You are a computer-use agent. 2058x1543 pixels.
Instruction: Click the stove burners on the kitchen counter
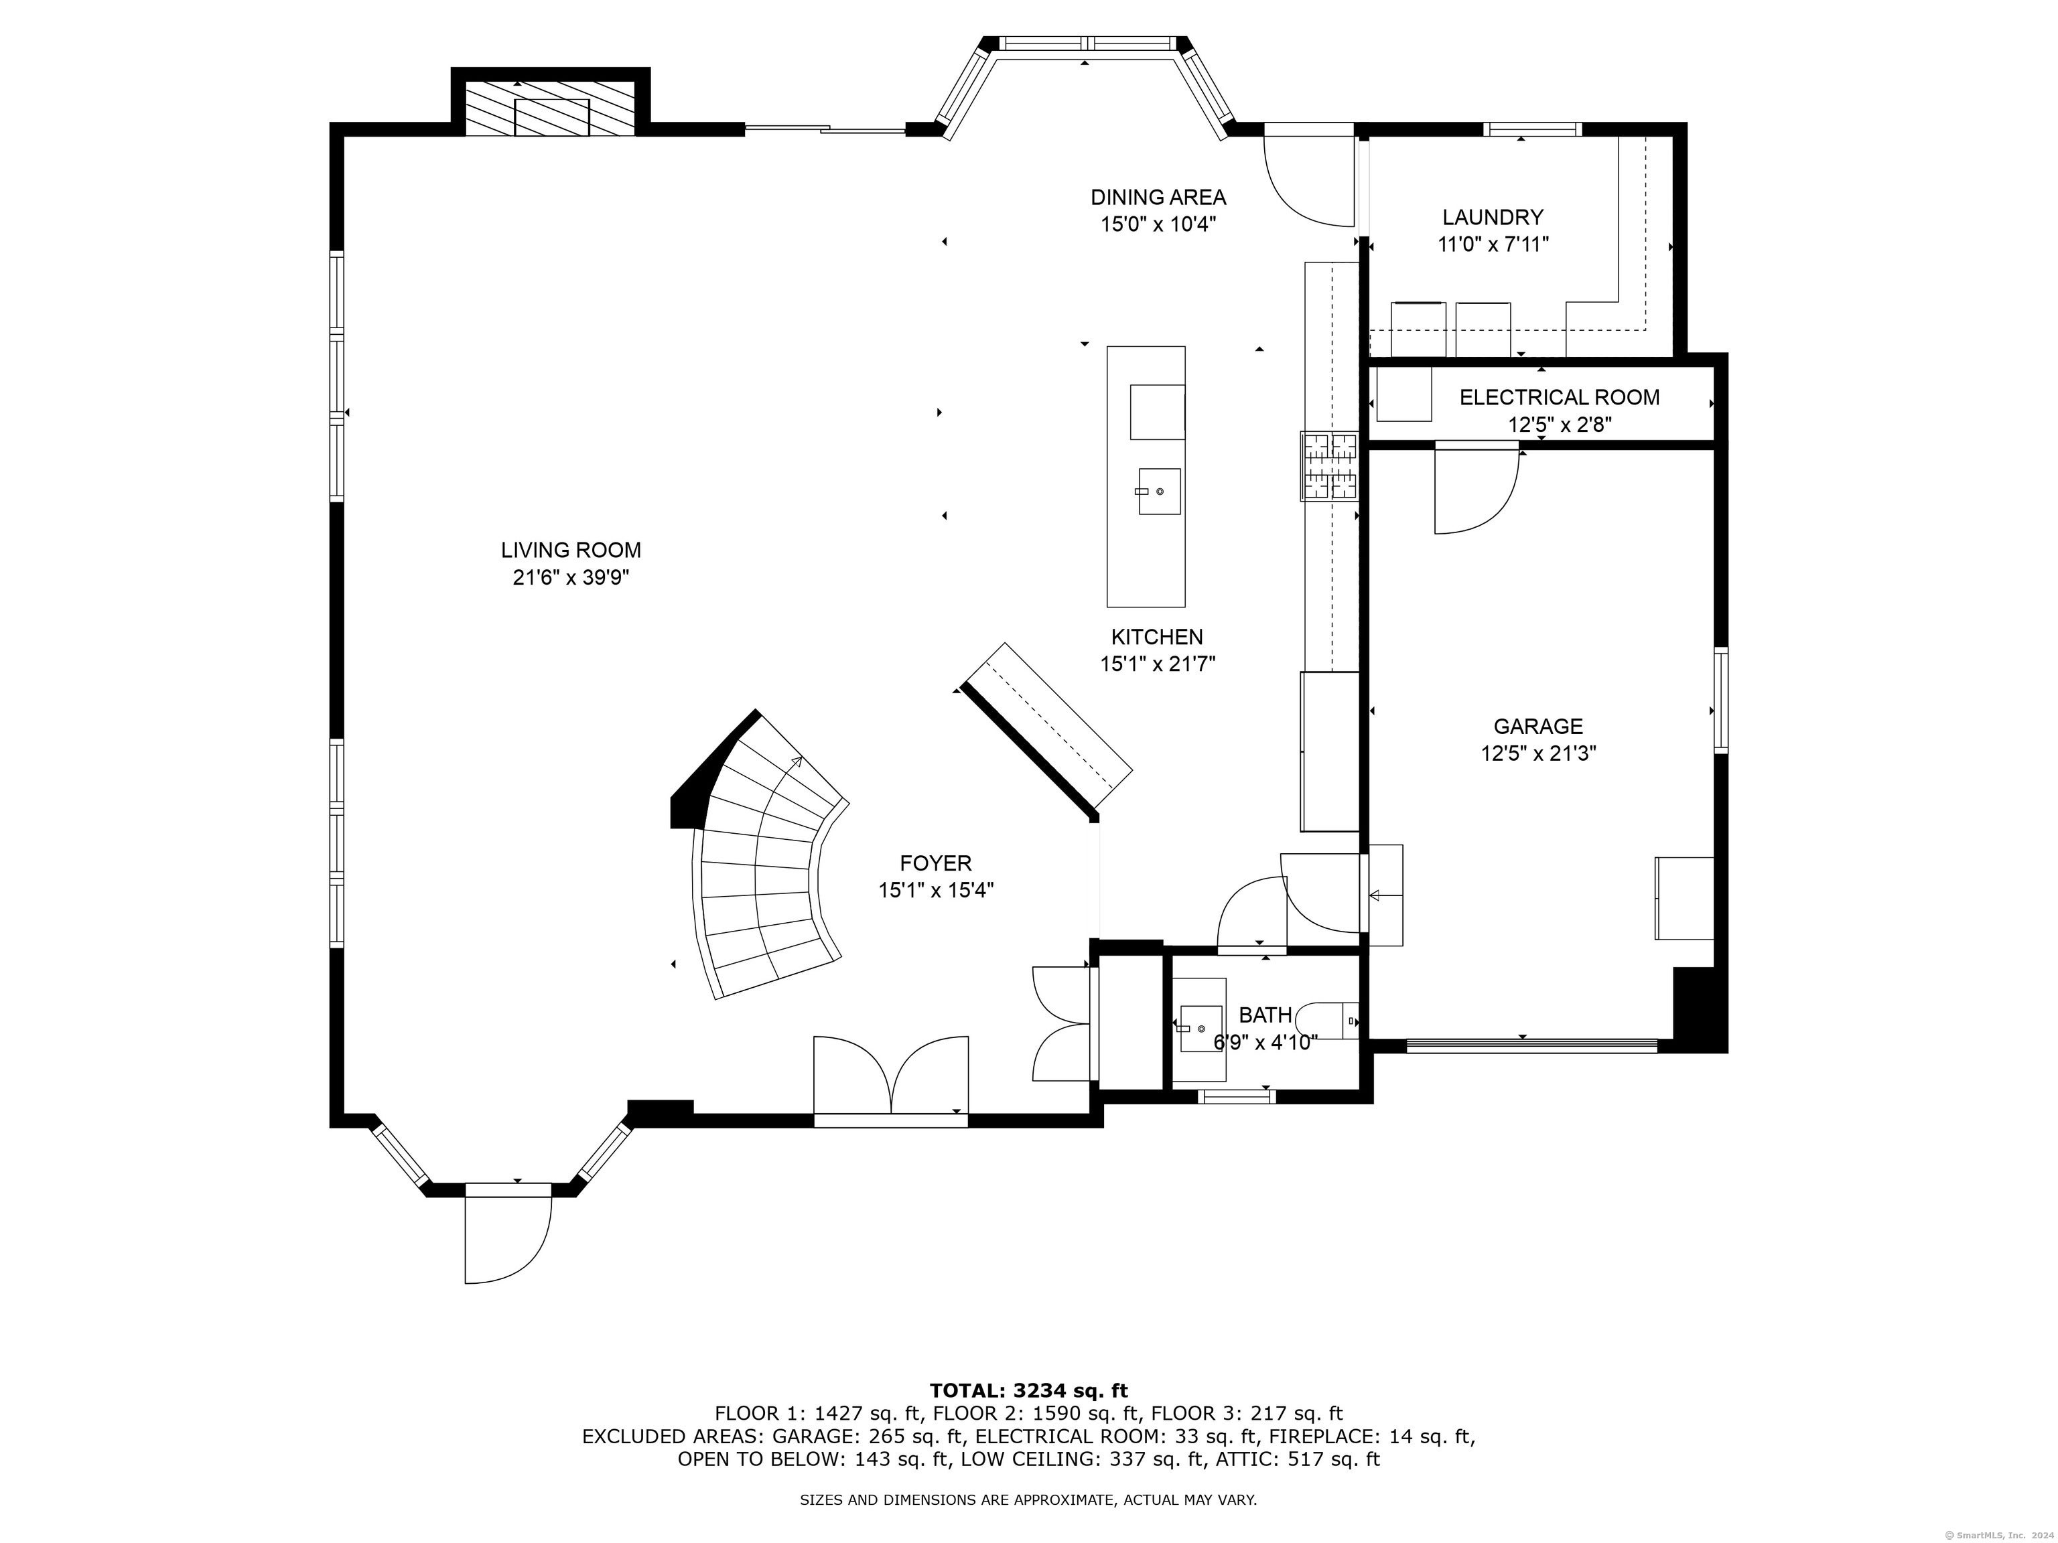tap(1330, 467)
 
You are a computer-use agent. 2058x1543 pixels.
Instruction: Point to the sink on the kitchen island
tap(1158, 491)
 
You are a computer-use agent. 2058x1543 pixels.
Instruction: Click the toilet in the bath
tap(1330, 1021)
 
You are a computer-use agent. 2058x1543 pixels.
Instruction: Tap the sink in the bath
tap(1200, 1028)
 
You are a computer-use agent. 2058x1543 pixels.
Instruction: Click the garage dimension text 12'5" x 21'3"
tap(1538, 753)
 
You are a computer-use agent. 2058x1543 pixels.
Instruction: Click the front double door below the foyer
tap(890, 1079)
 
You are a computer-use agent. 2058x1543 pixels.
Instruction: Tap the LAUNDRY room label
tap(1493, 218)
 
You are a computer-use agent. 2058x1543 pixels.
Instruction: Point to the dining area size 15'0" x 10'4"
tap(1158, 224)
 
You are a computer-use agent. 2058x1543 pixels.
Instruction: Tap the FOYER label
tap(935, 863)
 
